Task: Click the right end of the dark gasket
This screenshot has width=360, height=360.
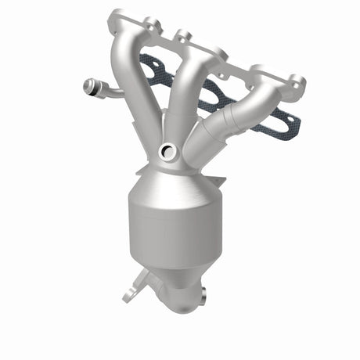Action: (x=292, y=125)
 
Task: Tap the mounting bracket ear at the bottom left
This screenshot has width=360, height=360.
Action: (x=128, y=295)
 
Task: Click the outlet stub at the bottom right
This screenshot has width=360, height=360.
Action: (x=200, y=295)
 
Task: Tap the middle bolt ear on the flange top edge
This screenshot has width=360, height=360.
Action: (x=185, y=36)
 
